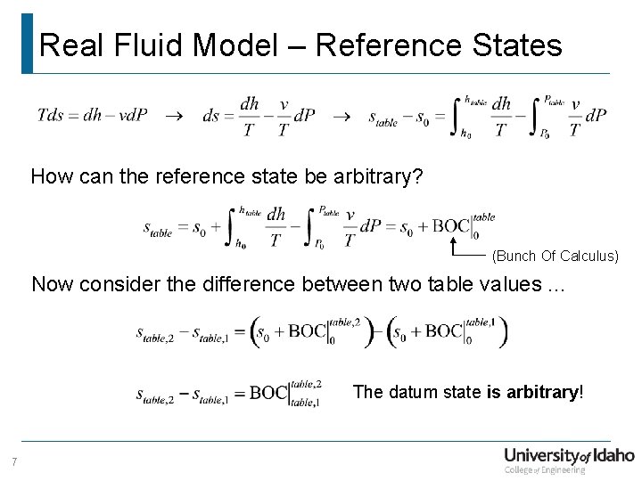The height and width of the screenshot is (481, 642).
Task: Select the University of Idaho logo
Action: pos(569,457)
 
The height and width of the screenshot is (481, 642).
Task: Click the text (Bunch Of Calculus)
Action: pos(555,257)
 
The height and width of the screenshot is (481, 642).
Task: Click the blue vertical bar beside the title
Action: pos(27,43)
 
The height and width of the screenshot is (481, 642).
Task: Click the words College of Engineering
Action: pos(546,470)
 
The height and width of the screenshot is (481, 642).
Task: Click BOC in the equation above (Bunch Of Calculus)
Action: pos(450,226)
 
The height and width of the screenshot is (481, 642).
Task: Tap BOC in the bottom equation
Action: pos(268,393)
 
